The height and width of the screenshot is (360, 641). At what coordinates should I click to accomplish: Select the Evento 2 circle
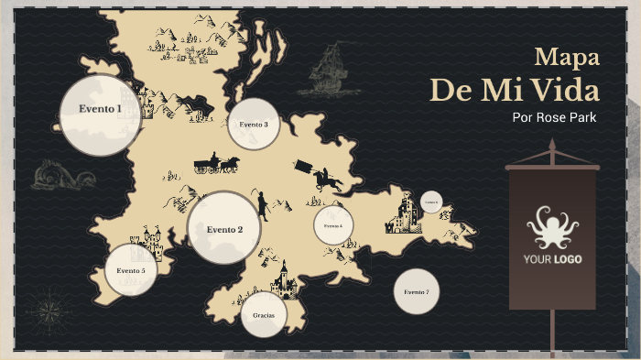click(x=224, y=228)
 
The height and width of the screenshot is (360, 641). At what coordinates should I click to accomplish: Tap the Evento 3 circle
click(x=254, y=125)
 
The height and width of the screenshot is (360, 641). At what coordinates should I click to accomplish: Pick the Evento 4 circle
click(x=333, y=224)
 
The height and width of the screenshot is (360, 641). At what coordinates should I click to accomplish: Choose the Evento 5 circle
click(x=130, y=271)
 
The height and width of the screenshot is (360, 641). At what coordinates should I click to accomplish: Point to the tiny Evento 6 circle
click(x=431, y=202)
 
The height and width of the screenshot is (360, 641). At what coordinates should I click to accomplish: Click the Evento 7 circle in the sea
click(x=417, y=292)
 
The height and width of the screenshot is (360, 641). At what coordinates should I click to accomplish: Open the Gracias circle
click(x=264, y=315)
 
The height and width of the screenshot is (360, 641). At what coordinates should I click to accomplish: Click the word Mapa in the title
click(x=568, y=57)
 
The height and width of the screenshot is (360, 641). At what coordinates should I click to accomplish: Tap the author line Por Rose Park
click(x=555, y=117)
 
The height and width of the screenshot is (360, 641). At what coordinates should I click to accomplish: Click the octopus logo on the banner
click(x=552, y=227)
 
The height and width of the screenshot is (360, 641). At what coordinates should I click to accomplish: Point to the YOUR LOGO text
click(x=552, y=259)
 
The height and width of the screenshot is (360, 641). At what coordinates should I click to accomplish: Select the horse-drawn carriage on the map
click(x=217, y=164)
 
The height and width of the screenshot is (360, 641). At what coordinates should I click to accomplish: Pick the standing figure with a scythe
click(x=262, y=203)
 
